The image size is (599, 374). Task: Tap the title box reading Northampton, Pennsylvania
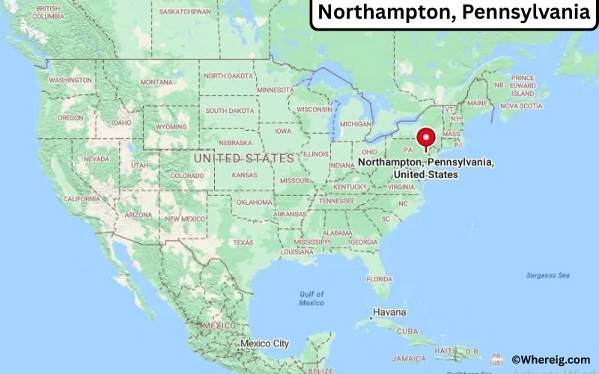pyautogui.click(x=454, y=13)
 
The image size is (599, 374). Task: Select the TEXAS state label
pyautogui.click(x=243, y=242)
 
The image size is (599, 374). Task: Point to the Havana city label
pyautogui.click(x=389, y=312)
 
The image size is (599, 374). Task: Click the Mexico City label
pyautogui.click(x=264, y=344)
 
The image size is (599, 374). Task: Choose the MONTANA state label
pyautogui.click(x=156, y=82)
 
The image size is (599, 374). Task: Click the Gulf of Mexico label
pyautogui.click(x=311, y=298)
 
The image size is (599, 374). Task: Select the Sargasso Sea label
pyautogui.click(x=547, y=275)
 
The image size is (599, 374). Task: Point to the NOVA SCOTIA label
pyautogui.click(x=520, y=106)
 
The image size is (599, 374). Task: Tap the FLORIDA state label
pyautogui.click(x=380, y=279)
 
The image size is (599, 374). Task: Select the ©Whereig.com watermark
pyautogui.click(x=550, y=360)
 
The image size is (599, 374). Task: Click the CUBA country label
pyautogui.click(x=407, y=331)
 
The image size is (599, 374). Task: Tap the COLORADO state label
pyautogui.click(x=186, y=176)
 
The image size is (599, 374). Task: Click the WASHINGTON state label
pyautogui.click(x=70, y=80)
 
